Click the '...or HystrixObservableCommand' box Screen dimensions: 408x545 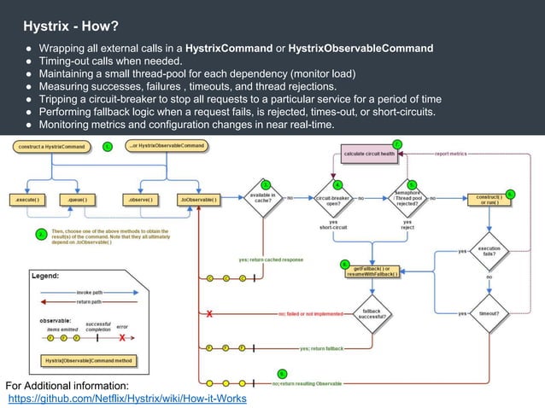[167, 146]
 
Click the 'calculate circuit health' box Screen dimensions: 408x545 [369, 154]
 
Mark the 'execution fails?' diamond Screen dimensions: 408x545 [489, 251]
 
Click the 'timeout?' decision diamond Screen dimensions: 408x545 [489, 313]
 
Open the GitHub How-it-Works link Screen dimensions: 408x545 [127, 398]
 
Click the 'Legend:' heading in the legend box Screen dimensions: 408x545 [46, 276]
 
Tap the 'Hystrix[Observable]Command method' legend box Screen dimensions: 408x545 [88, 360]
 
